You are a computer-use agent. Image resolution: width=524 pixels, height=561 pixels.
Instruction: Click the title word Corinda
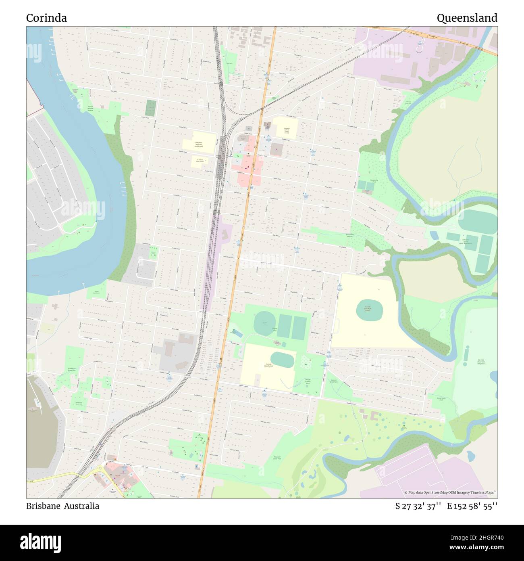pos(46,18)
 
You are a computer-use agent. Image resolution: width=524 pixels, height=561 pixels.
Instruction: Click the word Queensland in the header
pos(467,18)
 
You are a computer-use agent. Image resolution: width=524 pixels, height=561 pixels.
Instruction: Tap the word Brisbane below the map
pos(42,506)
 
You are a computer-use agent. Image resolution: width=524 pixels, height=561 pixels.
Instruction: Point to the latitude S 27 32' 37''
pos(418,506)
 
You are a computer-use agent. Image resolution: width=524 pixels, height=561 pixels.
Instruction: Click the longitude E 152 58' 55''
pos(472,506)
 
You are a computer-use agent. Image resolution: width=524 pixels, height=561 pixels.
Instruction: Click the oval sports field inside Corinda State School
pos(282,359)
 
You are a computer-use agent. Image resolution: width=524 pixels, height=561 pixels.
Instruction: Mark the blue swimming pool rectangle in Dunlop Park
pos(237,334)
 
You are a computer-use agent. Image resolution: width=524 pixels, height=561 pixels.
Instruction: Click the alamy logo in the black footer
pos(40,542)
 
